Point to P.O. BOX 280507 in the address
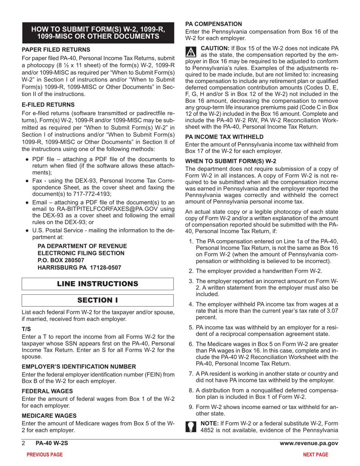[x=59, y=260]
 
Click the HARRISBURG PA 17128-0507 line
[x=80, y=267]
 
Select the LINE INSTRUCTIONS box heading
[x=98, y=284]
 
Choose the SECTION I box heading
[x=98, y=300]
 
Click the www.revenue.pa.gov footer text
[x=308, y=444]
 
